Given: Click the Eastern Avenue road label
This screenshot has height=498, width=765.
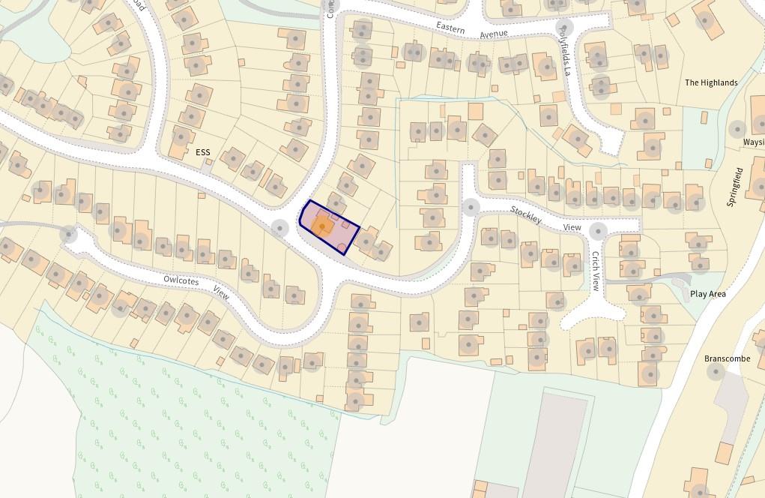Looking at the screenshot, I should click(473, 30).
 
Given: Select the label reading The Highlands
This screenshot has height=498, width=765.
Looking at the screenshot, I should click(711, 82).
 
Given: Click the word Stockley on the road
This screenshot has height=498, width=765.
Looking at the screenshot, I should click(526, 214).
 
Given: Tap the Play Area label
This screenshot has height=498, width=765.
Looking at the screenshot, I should click(707, 294).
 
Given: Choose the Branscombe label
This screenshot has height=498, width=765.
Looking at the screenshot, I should click(727, 358).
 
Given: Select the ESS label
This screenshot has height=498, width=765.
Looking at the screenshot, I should click(203, 152).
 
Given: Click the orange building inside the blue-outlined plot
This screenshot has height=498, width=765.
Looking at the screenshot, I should click(323, 226).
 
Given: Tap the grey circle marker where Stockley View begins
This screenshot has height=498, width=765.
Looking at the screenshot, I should click(471, 206).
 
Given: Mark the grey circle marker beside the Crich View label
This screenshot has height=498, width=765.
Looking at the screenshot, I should click(598, 230).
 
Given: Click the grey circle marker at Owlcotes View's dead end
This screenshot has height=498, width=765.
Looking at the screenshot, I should click(69, 234).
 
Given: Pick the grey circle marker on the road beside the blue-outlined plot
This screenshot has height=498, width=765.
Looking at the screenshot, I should click(280, 227).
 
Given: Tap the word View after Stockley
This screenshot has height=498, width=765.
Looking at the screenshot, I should click(572, 227).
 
